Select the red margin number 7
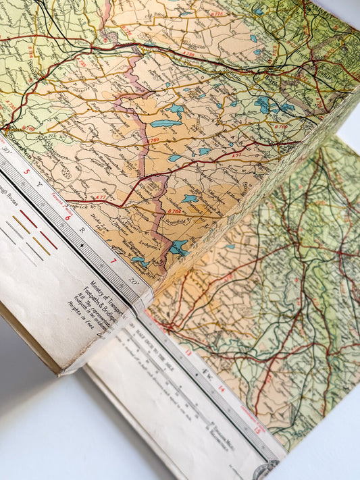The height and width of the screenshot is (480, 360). (113, 261)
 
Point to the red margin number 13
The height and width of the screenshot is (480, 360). (188, 351)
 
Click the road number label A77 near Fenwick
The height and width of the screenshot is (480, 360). (99, 197)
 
